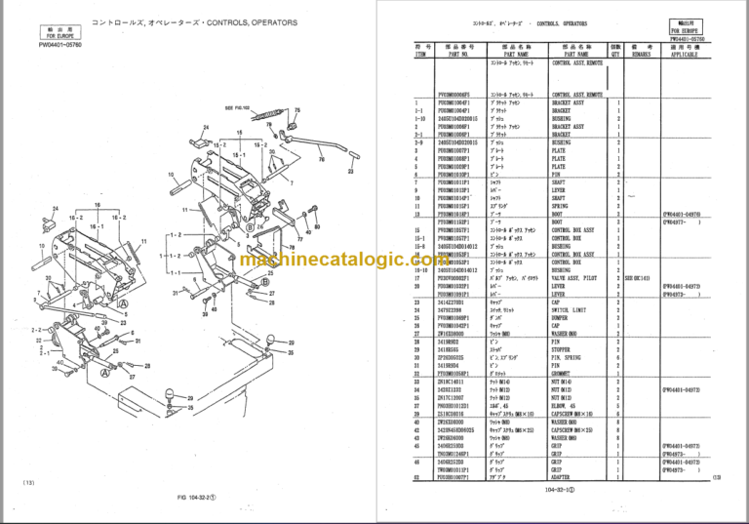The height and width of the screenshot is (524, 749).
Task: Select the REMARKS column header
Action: (x=642, y=51)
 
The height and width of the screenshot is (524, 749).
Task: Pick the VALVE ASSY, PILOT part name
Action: (x=578, y=277)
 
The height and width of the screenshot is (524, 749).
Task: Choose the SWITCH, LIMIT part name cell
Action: (x=575, y=308)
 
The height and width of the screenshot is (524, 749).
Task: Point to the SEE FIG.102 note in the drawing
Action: (x=238, y=107)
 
